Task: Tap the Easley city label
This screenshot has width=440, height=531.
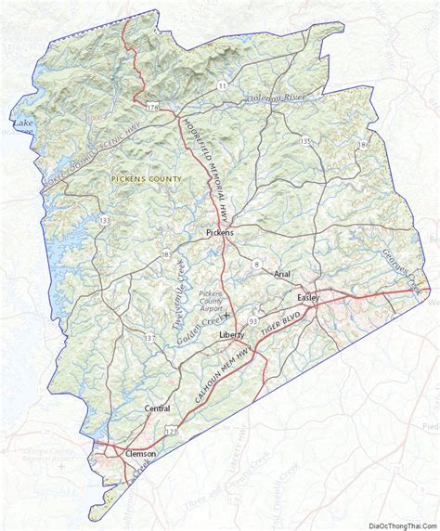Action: (x=307, y=297)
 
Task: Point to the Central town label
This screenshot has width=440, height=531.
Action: (x=159, y=408)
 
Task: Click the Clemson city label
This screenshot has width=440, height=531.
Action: (x=140, y=453)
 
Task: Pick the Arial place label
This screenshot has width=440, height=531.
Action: (x=283, y=275)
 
